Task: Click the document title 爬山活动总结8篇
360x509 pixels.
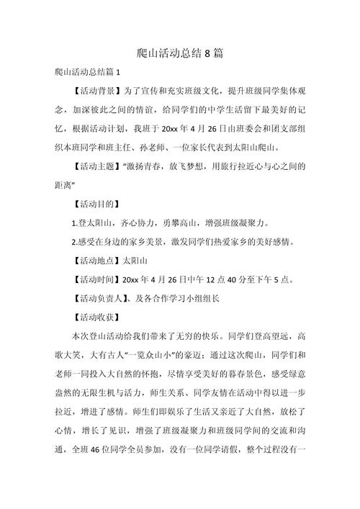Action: click(181, 54)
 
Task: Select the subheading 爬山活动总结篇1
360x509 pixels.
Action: click(91, 73)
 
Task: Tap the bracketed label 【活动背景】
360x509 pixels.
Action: click(98, 93)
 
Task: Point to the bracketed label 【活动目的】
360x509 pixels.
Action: click(98, 204)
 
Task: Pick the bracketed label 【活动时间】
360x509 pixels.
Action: click(98, 279)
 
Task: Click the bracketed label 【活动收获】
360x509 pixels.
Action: click(98, 316)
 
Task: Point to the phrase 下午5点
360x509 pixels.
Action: click(282, 279)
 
